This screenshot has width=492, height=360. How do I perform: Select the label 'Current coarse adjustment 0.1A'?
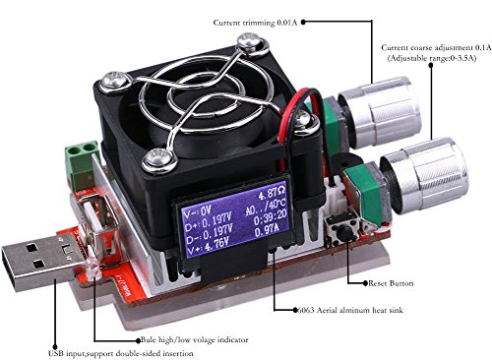tap(430, 48)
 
